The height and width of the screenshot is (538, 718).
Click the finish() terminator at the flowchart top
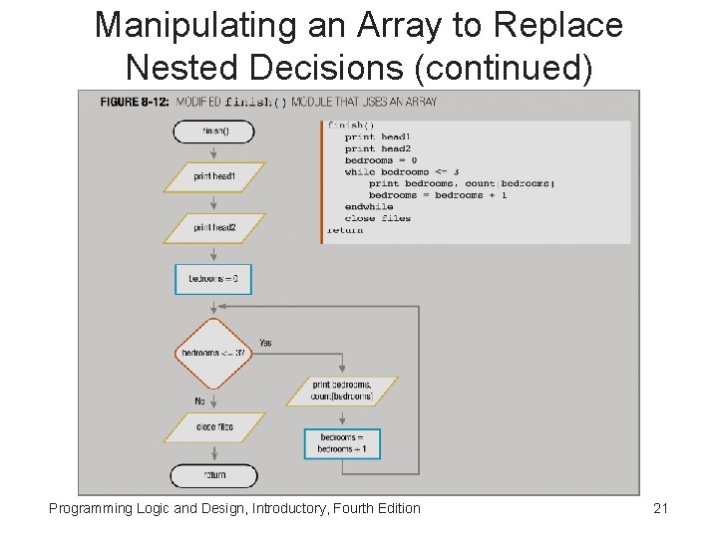pyautogui.click(x=213, y=132)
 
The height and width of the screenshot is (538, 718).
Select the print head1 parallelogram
pyautogui.click(x=214, y=176)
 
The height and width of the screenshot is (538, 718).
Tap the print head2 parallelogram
pyautogui.click(x=214, y=228)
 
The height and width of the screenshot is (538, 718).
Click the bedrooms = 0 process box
pyautogui.click(x=213, y=279)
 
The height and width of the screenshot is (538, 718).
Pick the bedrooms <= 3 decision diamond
pyautogui.click(x=213, y=354)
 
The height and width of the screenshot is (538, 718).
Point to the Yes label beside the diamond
pyautogui.click(x=265, y=343)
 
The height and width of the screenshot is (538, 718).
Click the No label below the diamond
pyautogui.click(x=199, y=402)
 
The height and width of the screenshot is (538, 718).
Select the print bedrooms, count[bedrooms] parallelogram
pyautogui.click(x=342, y=391)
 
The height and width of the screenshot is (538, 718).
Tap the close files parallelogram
pyautogui.click(x=214, y=427)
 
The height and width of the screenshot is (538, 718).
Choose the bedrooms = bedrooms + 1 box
pyautogui.click(x=342, y=443)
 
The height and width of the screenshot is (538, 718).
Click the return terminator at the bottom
pyautogui.click(x=213, y=475)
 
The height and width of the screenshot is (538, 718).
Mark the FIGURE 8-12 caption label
pyautogui.click(x=135, y=102)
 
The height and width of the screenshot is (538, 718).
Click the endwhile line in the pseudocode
pyautogui.click(x=369, y=207)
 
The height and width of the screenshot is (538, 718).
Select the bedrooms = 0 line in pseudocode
pyautogui.click(x=380, y=160)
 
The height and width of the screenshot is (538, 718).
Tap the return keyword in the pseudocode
pyautogui.click(x=345, y=230)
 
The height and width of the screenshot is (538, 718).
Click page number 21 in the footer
pyautogui.click(x=660, y=509)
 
